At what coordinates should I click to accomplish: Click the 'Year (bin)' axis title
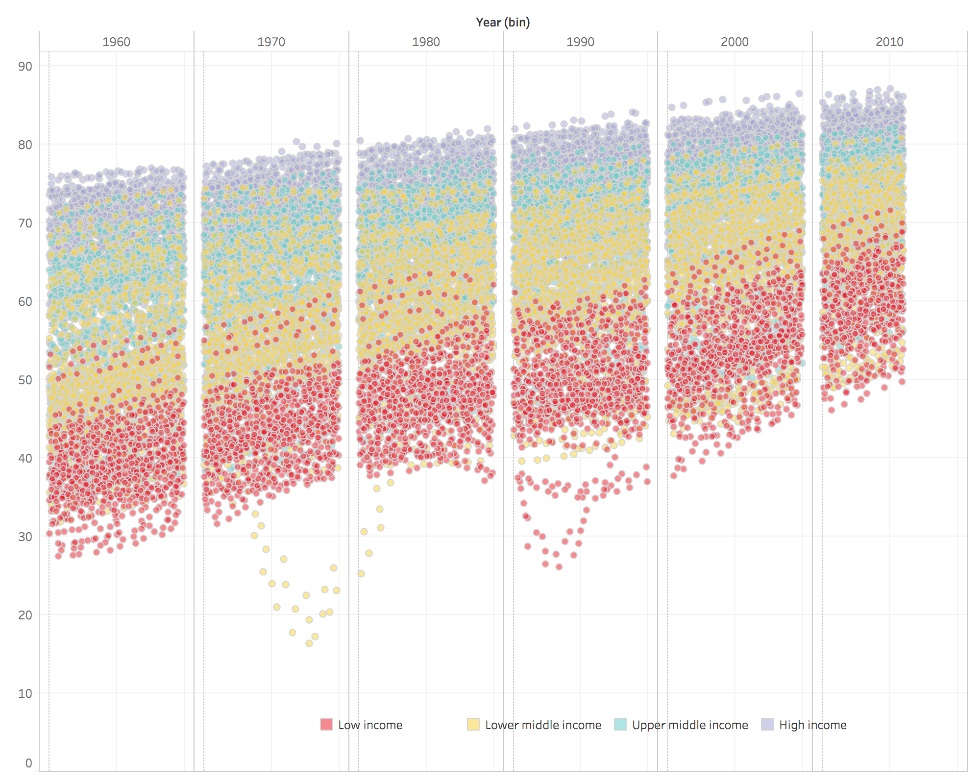click(x=503, y=23)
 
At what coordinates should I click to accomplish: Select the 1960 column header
click(x=116, y=42)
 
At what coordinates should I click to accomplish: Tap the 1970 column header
click(x=271, y=42)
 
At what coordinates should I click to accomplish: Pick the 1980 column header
click(x=426, y=42)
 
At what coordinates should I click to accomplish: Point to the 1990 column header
click(x=580, y=42)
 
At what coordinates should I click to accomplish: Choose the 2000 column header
click(x=735, y=42)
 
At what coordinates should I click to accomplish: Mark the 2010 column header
click(x=889, y=42)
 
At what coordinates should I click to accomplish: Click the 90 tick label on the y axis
click(x=25, y=66)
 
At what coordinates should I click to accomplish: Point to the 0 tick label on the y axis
click(x=28, y=763)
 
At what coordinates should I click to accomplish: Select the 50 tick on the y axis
click(x=25, y=380)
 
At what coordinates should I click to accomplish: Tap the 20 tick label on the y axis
click(x=25, y=615)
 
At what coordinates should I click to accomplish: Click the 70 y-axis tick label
click(x=25, y=223)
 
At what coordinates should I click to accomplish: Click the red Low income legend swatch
click(x=326, y=724)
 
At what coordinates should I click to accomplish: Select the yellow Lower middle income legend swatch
click(x=473, y=724)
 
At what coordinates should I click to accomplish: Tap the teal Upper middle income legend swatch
click(x=620, y=724)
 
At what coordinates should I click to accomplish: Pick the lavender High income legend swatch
click(x=767, y=724)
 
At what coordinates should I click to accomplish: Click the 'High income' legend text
click(x=813, y=725)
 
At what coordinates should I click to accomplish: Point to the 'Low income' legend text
click(x=370, y=725)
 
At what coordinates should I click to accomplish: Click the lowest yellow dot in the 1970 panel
click(x=309, y=643)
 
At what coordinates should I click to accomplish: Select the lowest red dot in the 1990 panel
click(x=559, y=567)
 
